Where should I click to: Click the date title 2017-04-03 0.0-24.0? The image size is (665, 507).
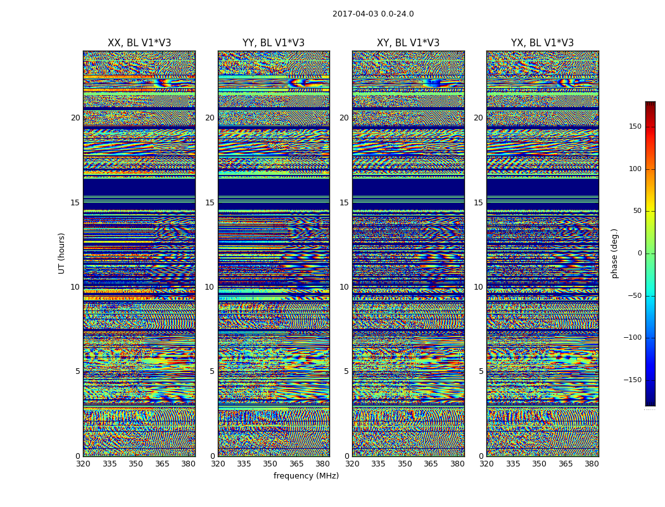point(373,14)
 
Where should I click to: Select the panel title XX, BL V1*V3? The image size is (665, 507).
point(139,43)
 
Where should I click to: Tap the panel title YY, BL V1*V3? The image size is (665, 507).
point(274,43)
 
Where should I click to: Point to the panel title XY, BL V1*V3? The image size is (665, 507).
point(408,43)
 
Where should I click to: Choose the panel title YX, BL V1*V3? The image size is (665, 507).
point(542,43)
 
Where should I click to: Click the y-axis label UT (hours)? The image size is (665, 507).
point(62,253)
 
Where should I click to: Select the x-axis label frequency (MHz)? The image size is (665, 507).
point(306,476)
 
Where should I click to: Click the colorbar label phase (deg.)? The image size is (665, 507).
point(614,253)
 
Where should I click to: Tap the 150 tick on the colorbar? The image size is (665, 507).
point(635,127)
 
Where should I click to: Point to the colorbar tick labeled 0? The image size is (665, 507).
point(639,253)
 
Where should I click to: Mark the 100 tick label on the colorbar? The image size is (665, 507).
point(635,169)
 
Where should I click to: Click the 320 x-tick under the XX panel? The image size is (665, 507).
point(84,464)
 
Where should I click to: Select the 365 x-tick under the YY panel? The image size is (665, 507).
point(296,464)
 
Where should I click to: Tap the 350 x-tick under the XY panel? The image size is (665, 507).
point(405,464)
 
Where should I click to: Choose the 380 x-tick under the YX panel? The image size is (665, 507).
point(592,464)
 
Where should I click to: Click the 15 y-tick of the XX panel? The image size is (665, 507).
point(75,203)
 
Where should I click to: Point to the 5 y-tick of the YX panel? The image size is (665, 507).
point(481,371)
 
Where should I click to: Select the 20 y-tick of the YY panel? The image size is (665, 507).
point(210,118)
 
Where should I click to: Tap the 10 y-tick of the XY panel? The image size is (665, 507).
point(344,287)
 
